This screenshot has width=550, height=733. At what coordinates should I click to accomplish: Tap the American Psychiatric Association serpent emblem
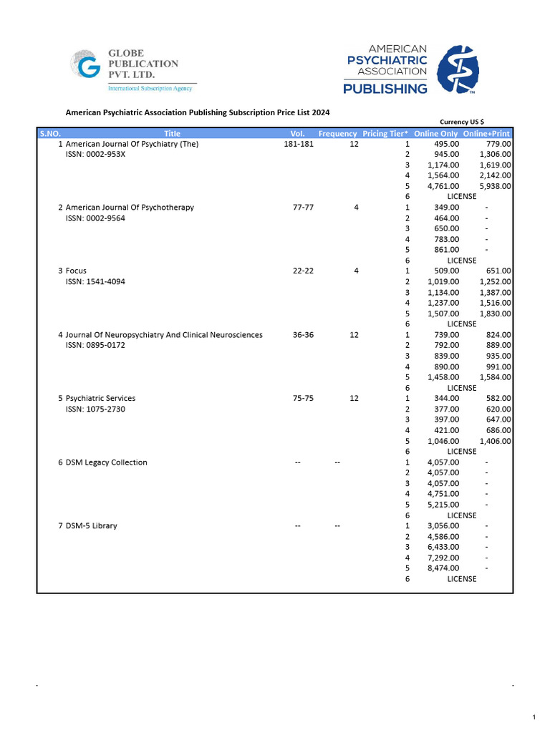pyautogui.click(x=458, y=70)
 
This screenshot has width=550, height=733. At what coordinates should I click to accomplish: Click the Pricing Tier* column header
pyautogui.click(x=385, y=134)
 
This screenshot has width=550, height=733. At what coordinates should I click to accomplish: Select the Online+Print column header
pyautogui.click(x=486, y=134)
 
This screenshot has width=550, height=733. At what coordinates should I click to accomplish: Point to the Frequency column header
pyautogui.click(x=337, y=134)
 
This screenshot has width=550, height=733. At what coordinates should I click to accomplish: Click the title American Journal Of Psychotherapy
pyautogui.click(x=130, y=208)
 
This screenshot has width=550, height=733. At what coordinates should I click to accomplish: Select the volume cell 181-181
pyautogui.click(x=299, y=145)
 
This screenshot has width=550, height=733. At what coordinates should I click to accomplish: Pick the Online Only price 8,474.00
pyautogui.click(x=443, y=568)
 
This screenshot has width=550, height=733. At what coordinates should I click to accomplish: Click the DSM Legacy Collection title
pyautogui.click(x=106, y=462)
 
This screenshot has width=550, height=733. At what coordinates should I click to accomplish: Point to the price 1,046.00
pyautogui.click(x=443, y=441)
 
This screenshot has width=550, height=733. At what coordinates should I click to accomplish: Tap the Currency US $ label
pyautogui.click(x=461, y=122)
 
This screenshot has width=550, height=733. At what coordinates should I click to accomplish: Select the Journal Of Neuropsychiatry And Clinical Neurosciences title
pyautogui.click(x=164, y=335)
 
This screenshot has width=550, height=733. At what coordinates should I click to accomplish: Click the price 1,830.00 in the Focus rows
pyautogui.click(x=495, y=314)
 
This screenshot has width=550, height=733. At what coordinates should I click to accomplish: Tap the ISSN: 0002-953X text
pyautogui.click(x=95, y=155)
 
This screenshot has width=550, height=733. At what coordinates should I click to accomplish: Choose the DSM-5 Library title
pyautogui.click(x=92, y=526)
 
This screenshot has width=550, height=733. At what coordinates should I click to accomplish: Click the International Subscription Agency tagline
pyautogui.click(x=150, y=88)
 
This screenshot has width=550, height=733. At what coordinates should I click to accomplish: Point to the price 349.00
pyautogui.click(x=447, y=208)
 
